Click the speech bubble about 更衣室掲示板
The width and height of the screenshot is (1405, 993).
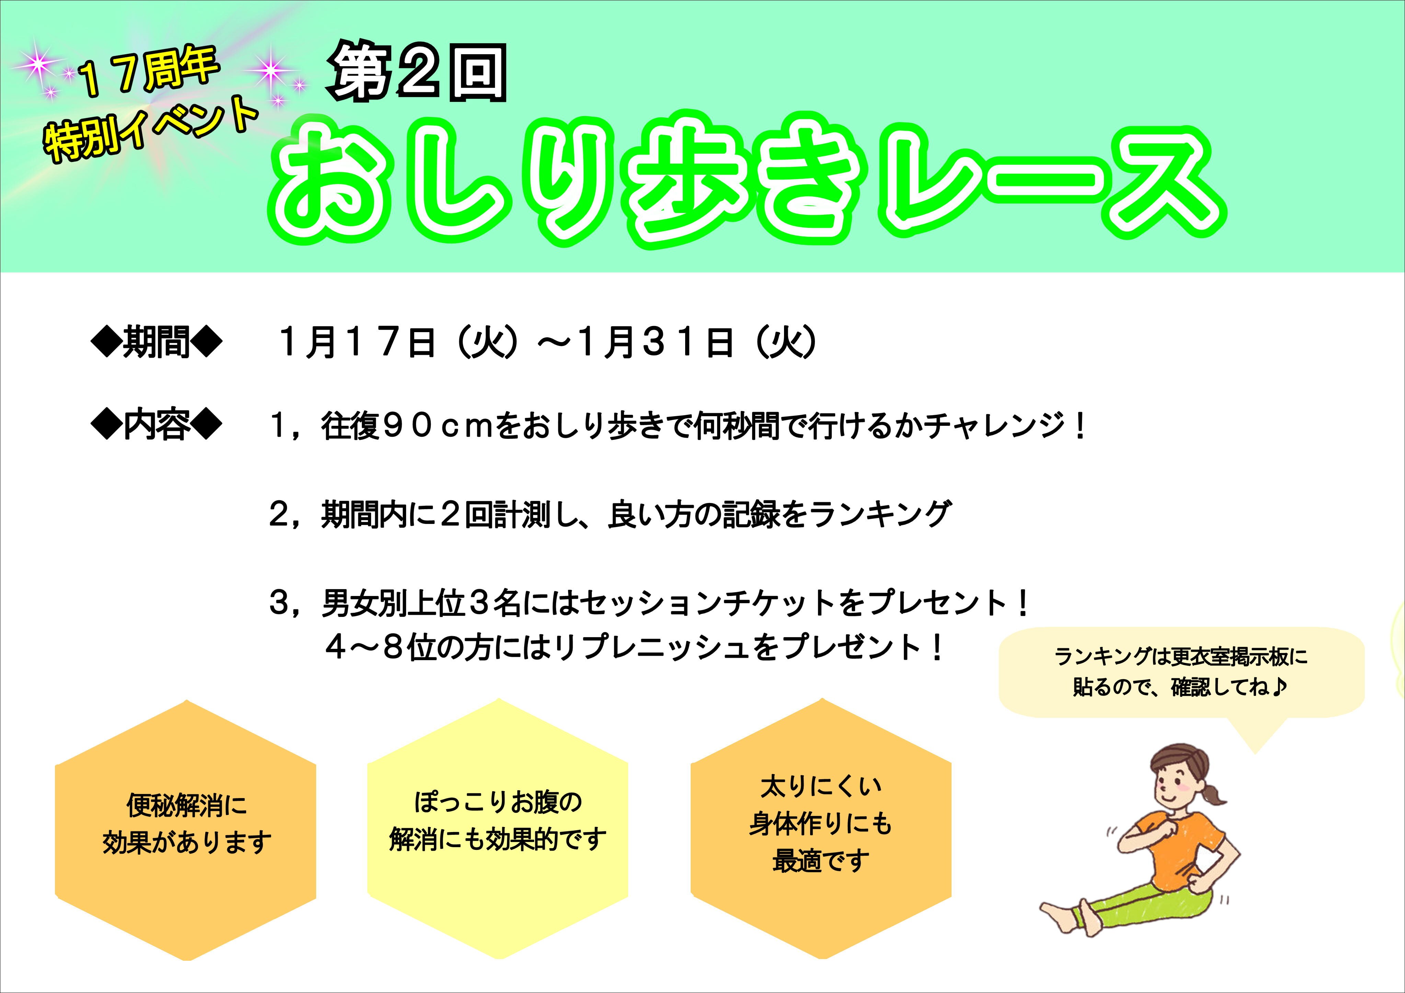point(1181,673)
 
